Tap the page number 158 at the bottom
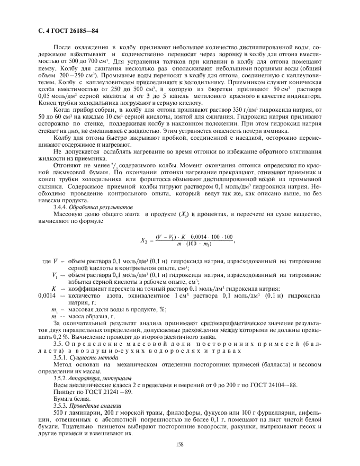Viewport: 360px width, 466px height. coord(179,443)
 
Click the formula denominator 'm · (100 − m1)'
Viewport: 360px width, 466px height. coord(188,244)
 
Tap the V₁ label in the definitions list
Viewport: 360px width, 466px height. coord(55,275)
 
